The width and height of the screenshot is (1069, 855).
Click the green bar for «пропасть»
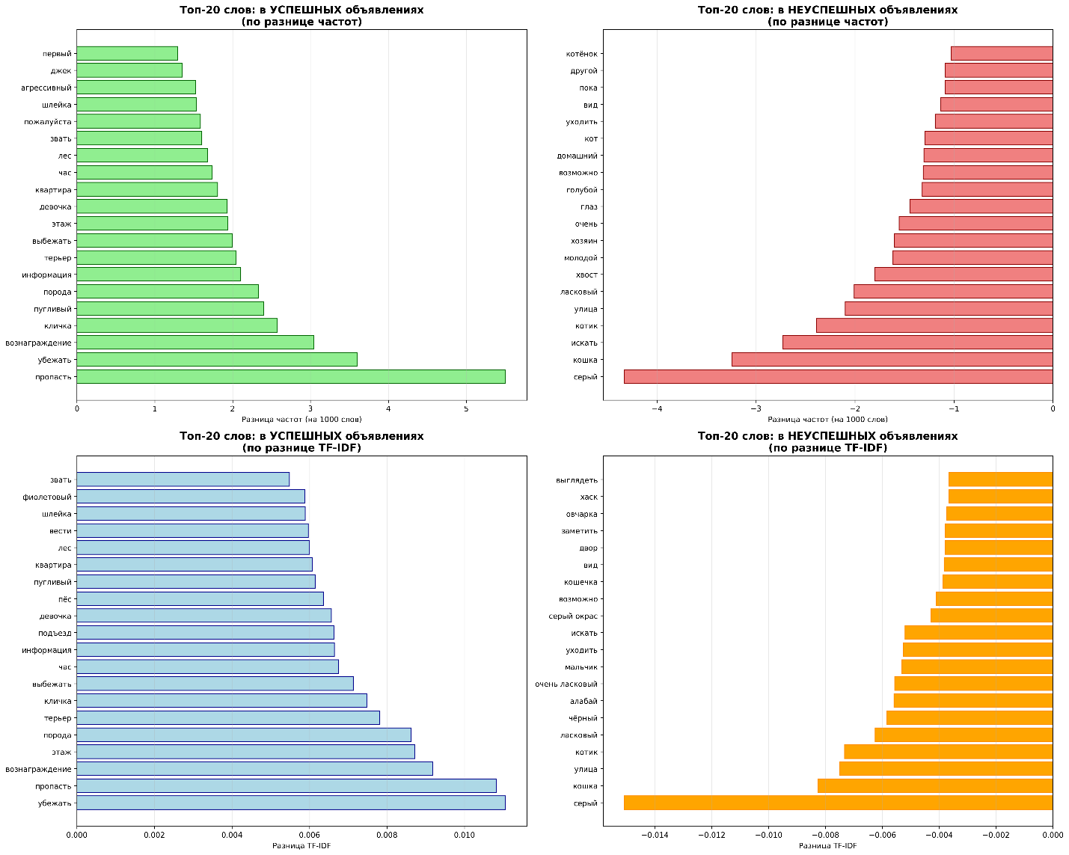coord(290,376)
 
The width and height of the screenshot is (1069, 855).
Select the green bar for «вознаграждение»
coord(194,343)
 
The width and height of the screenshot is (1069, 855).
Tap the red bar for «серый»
coord(838,376)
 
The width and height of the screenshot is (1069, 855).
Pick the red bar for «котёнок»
coord(1002,53)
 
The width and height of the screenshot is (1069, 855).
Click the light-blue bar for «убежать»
coord(290,803)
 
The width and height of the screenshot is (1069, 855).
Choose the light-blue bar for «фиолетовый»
coord(190,497)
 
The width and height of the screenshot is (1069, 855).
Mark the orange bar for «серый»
coord(838,803)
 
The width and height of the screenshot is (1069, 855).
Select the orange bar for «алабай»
coord(972,701)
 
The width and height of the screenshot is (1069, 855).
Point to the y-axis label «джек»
coord(61,71)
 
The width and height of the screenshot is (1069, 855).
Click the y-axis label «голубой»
coord(582,190)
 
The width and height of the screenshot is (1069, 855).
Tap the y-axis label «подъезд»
coord(55,633)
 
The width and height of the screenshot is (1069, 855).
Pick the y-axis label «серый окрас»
coord(573,616)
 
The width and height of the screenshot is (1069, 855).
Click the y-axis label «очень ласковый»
coord(566,684)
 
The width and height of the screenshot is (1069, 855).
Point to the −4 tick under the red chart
coord(657,408)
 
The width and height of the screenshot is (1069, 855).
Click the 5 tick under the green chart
coord(466,408)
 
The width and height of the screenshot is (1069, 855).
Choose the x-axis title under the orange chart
coord(827,846)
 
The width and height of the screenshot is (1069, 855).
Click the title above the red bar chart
coord(827,16)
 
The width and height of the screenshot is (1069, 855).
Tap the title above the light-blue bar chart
coord(301,442)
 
